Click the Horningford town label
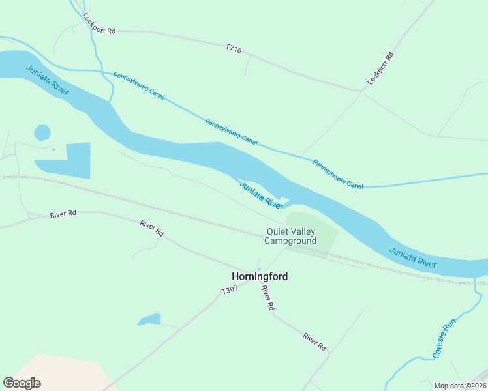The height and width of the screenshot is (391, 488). pyautogui.click(x=260, y=276)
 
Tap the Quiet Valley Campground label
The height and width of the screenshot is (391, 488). pyautogui.click(x=290, y=236)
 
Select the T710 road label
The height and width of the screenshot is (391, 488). pyautogui.click(x=234, y=48)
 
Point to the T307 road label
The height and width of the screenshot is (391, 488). pyautogui.click(x=229, y=291)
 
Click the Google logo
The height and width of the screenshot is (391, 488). pyautogui.click(x=22, y=383)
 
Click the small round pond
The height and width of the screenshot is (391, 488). pyautogui.click(x=42, y=132)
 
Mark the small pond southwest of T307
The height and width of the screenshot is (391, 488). pyautogui.click(x=149, y=319)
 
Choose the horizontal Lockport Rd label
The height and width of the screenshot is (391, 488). pyautogui.click(x=99, y=31)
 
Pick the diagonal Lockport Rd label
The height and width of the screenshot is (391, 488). pyautogui.click(x=382, y=68)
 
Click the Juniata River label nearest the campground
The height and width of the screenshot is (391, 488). pyautogui.click(x=261, y=195)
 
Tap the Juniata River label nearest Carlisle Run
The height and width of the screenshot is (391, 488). pyautogui.click(x=412, y=257)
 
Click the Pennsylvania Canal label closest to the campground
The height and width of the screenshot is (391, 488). pyautogui.click(x=337, y=174)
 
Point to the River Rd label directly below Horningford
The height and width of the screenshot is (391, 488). pyautogui.click(x=266, y=297)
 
